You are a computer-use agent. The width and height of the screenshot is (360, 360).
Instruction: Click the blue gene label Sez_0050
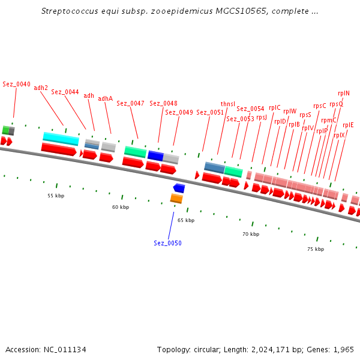pos(167,243)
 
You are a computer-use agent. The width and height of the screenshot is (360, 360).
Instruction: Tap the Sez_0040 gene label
pos(16,85)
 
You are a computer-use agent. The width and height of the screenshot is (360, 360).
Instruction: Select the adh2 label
pos(41,88)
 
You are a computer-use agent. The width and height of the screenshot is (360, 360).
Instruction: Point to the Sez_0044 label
pos(65,92)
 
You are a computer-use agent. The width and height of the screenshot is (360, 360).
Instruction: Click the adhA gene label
pos(105,98)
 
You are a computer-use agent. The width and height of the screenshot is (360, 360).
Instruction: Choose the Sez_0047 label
pos(130,103)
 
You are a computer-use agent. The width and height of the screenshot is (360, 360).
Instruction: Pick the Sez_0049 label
pos(179,112)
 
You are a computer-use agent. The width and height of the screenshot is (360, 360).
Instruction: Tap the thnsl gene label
pos(228,104)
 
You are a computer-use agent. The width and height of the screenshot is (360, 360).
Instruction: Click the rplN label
pos(343,93)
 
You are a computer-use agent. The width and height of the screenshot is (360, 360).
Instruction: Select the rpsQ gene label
pos(336,104)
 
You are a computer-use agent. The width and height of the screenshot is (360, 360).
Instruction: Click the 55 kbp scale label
pos(56,196)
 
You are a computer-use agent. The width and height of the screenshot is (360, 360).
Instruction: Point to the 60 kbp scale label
pos(121,207)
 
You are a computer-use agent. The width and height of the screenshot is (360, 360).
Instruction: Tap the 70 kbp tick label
pos(251,234)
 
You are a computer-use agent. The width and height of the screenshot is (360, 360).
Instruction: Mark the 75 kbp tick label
pos(316,249)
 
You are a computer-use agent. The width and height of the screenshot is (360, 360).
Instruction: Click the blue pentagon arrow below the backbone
pos(179,188)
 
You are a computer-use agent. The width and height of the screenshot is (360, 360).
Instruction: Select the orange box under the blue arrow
pos(176,198)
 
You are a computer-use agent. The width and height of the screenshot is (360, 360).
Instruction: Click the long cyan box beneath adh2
pos(61,139)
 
